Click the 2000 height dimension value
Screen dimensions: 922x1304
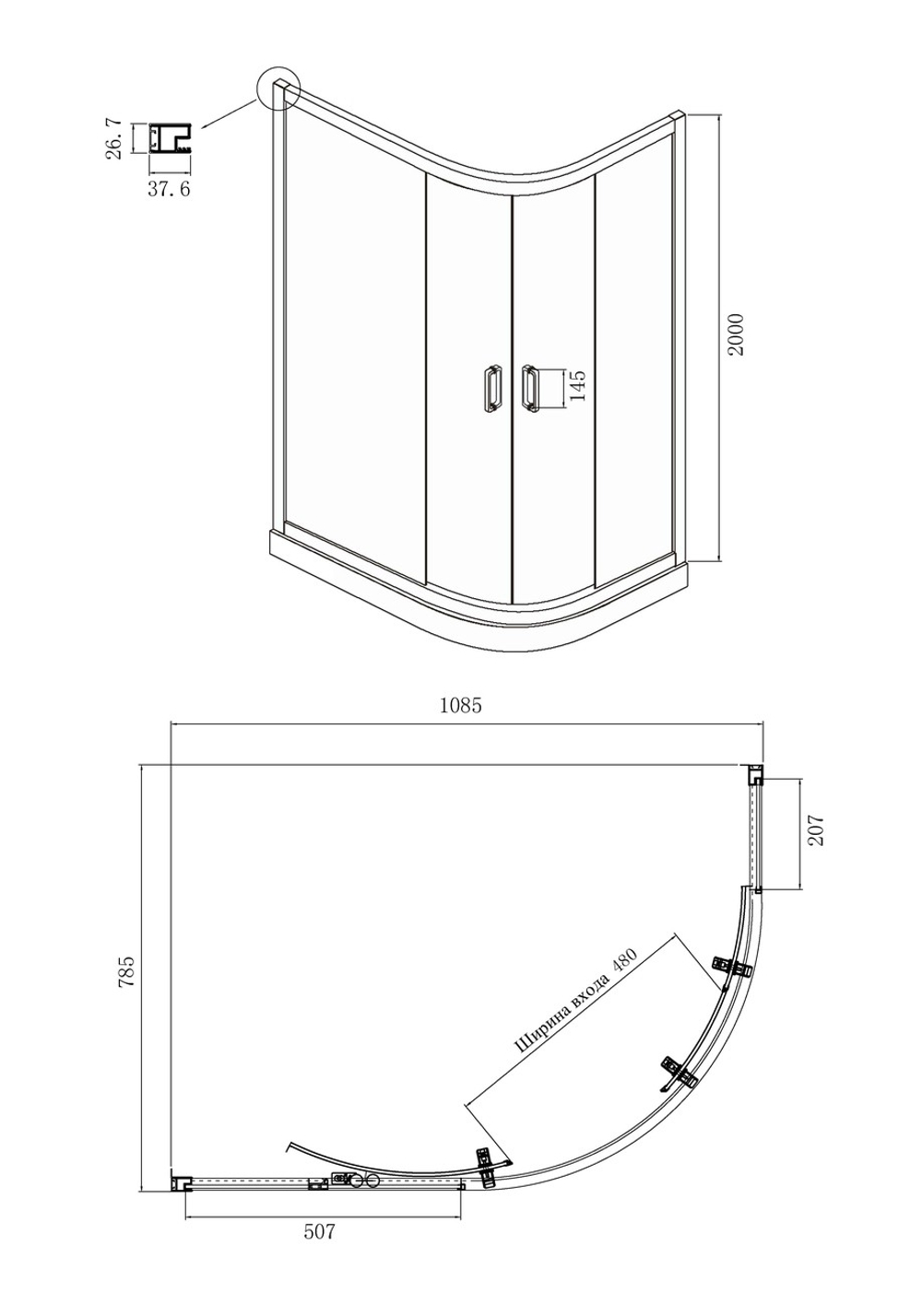[x=736, y=335]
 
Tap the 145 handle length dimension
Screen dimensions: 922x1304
[x=577, y=386]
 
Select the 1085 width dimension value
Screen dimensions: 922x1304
[x=461, y=706]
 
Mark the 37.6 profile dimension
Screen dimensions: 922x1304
[x=169, y=189]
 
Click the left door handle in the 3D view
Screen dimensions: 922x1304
[x=491, y=388]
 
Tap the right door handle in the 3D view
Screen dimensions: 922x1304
[x=529, y=388]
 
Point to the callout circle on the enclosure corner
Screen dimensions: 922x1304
[x=278, y=88]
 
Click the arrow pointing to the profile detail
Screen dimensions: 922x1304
[x=229, y=113]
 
